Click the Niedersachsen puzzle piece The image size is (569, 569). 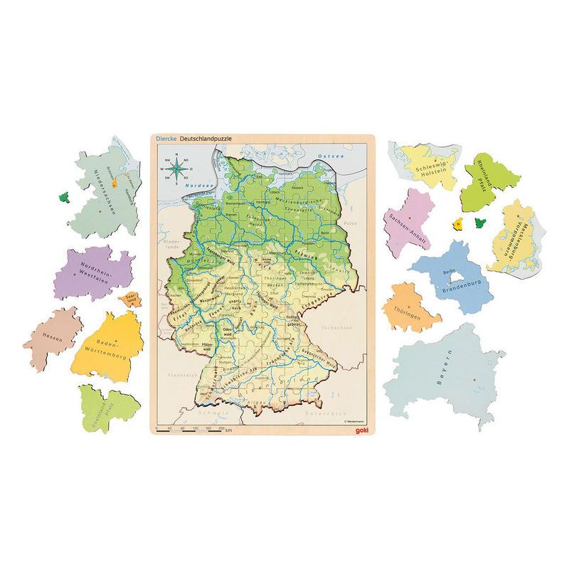coord(107,192)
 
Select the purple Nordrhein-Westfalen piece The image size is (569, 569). coord(92,274)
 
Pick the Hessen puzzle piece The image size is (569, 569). coord(53,339)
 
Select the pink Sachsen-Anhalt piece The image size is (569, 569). coord(409,224)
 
